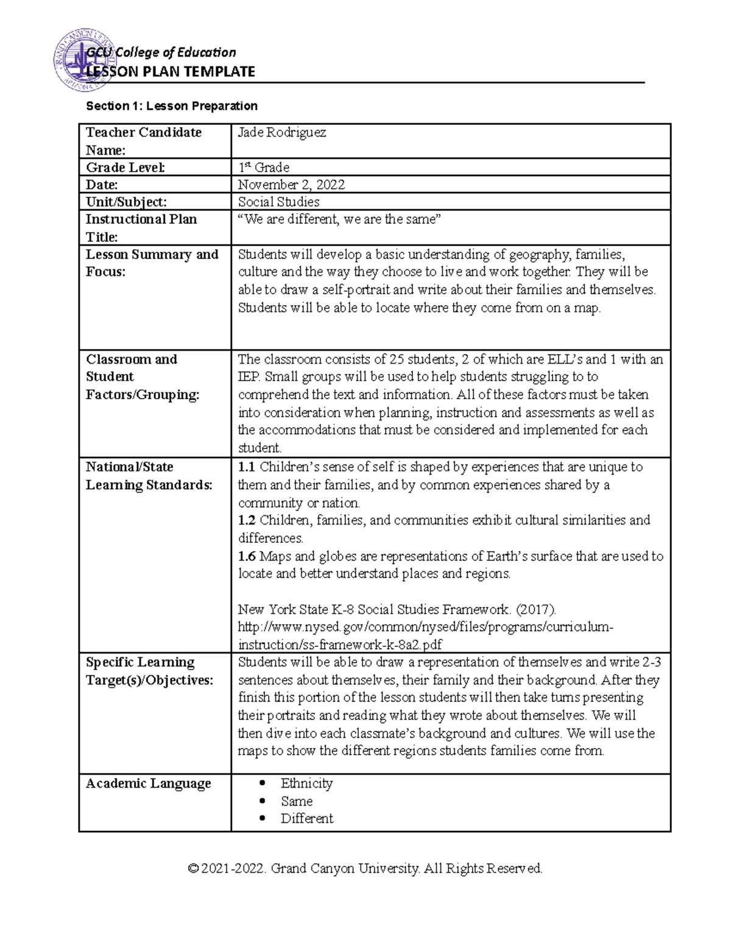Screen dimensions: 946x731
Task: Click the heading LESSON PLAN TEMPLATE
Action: click(x=171, y=72)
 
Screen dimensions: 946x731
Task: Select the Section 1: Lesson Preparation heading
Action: click(x=172, y=106)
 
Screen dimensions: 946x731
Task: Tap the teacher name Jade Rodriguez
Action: click(x=281, y=133)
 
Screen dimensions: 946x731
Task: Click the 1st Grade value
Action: click(x=263, y=168)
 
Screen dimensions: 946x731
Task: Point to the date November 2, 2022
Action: click(x=291, y=185)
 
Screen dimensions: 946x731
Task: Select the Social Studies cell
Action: click(x=278, y=202)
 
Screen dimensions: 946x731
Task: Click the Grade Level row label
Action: click(x=125, y=168)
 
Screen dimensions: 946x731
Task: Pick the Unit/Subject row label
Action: click(x=126, y=202)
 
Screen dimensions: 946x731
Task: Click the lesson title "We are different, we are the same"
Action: click(x=338, y=220)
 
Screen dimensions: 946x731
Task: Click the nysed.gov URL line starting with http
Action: click(x=425, y=627)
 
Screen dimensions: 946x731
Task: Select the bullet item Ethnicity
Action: click(x=306, y=783)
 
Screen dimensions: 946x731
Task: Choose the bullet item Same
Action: click(x=297, y=801)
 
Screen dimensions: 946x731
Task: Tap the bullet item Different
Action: click(x=306, y=819)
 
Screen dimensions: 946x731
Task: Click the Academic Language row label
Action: click(x=148, y=783)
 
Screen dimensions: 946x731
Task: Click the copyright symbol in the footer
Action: click(x=193, y=869)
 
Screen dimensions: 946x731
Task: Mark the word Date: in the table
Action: click(x=102, y=185)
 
